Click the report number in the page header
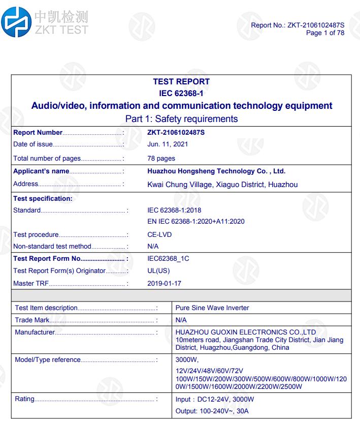click(x=298, y=25)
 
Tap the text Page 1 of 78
click(x=325, y=33)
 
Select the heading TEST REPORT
click(x=181, y=82)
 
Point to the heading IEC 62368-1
click(x=181, y=93)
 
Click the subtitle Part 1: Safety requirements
click(x=181, y=119)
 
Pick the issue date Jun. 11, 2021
click(x=168, y=144)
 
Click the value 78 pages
click(x=161, y=158)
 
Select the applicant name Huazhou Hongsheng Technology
click(x=219, y=171)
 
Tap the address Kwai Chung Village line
click(x=222, y=185)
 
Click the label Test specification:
click(x=43, y=198)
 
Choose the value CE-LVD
click(x=159, y=235)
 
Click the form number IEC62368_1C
click(x=168, y=259)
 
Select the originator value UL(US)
click(x=158, y=270)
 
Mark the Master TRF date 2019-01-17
click(x=165, y=283)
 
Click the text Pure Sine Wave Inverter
click(x=212, y=308)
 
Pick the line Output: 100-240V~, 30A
click(x=212, y=410)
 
